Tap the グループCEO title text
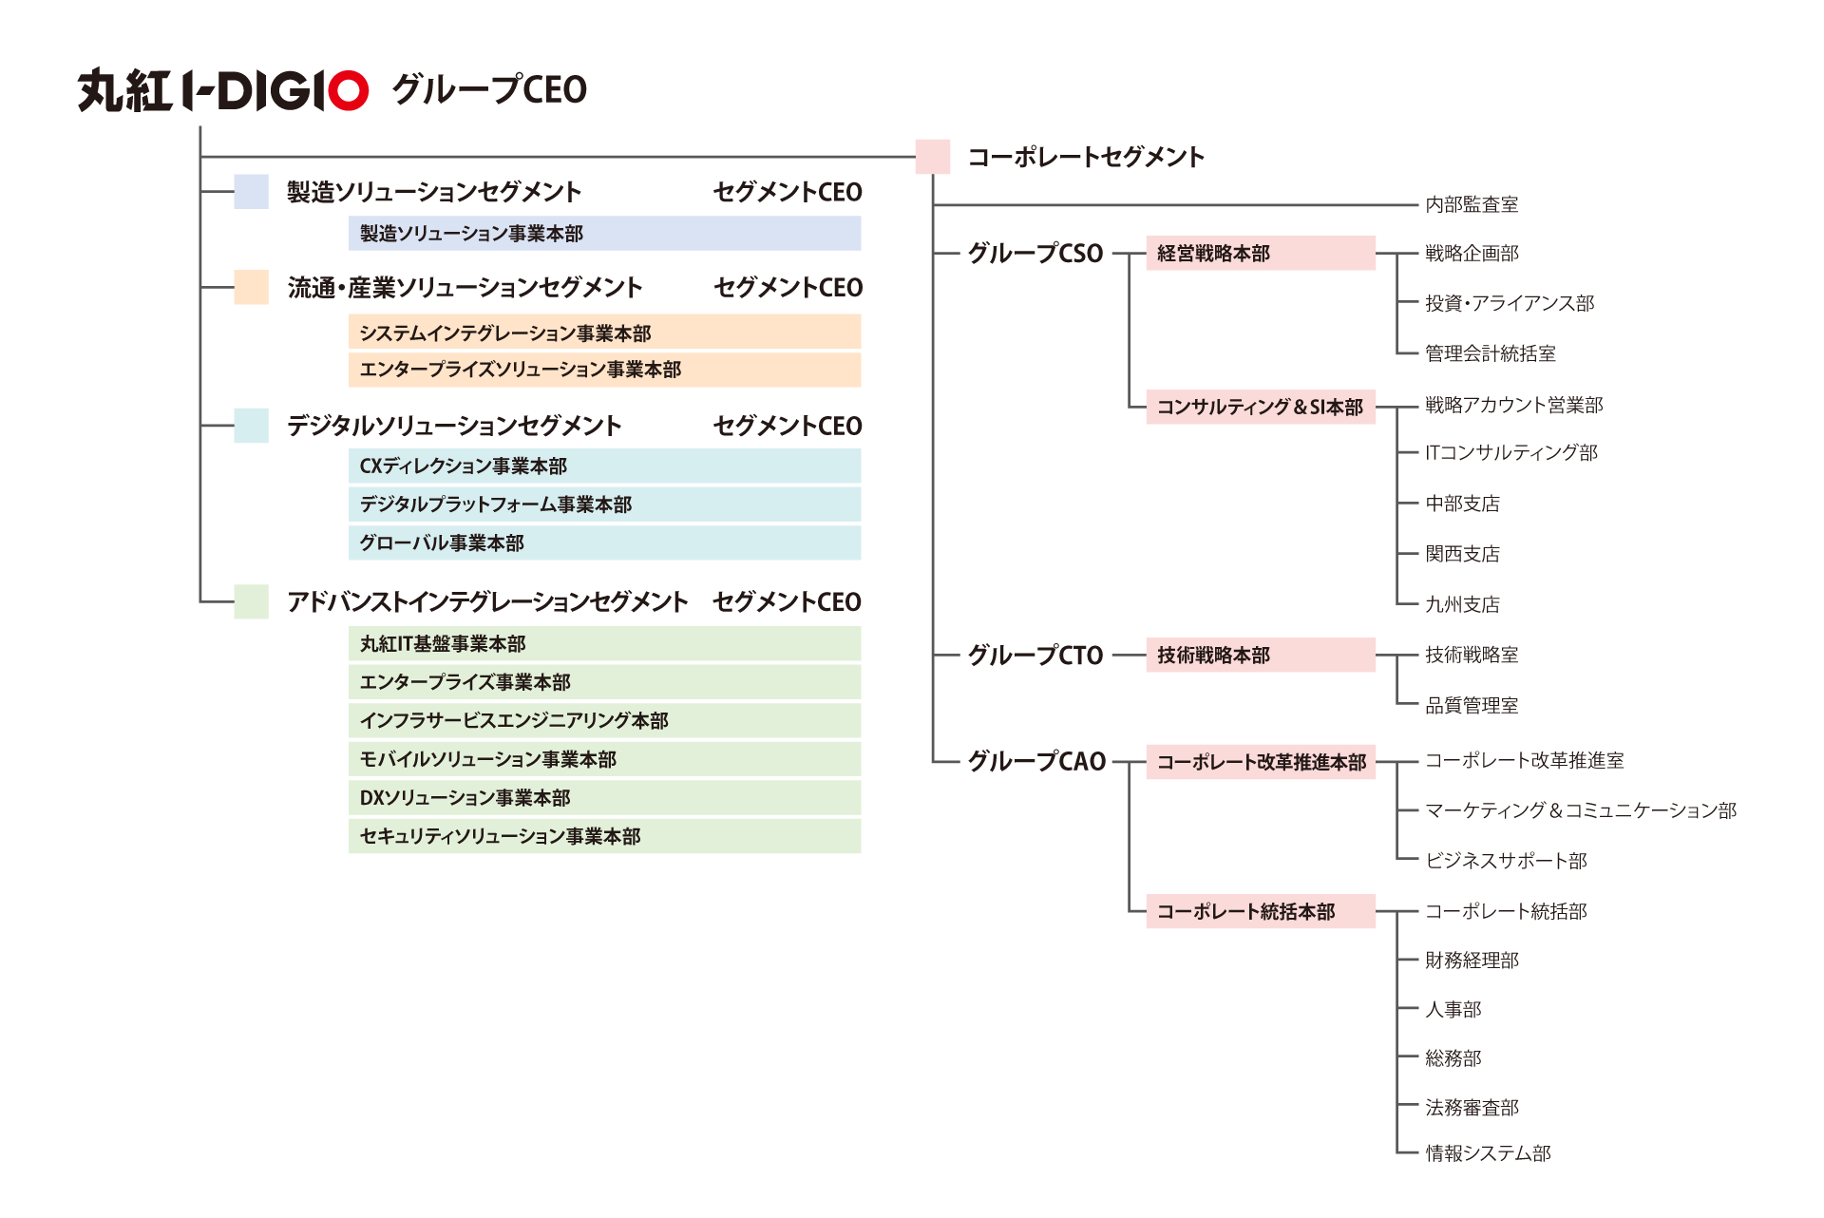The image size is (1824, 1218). (489, 90)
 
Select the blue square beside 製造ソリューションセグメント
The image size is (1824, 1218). (251, 191)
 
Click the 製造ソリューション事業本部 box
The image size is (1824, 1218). (604, 234)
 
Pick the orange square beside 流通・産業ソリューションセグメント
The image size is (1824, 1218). (251, 287)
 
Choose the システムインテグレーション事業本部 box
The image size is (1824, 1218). (604, 333)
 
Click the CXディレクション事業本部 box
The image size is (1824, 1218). (604, 466)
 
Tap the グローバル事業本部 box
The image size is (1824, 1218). (604, 542)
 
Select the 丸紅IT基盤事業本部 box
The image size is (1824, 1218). (604, 643)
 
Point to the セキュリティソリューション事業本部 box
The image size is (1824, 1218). (604, 836)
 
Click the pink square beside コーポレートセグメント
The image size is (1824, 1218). (932, 157)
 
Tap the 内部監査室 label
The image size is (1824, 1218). (1472, 204)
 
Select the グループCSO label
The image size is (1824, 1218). (1035, 254)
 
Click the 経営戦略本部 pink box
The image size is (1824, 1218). (1260, 254)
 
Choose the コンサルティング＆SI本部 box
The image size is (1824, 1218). (1260, 407)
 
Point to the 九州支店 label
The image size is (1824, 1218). (1462, 604)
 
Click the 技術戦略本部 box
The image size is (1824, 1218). (1260, 655)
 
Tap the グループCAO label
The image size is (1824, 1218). (1036, 761)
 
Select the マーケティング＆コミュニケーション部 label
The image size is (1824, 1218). (1581, 810)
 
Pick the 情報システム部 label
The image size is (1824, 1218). (1488, 1153)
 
